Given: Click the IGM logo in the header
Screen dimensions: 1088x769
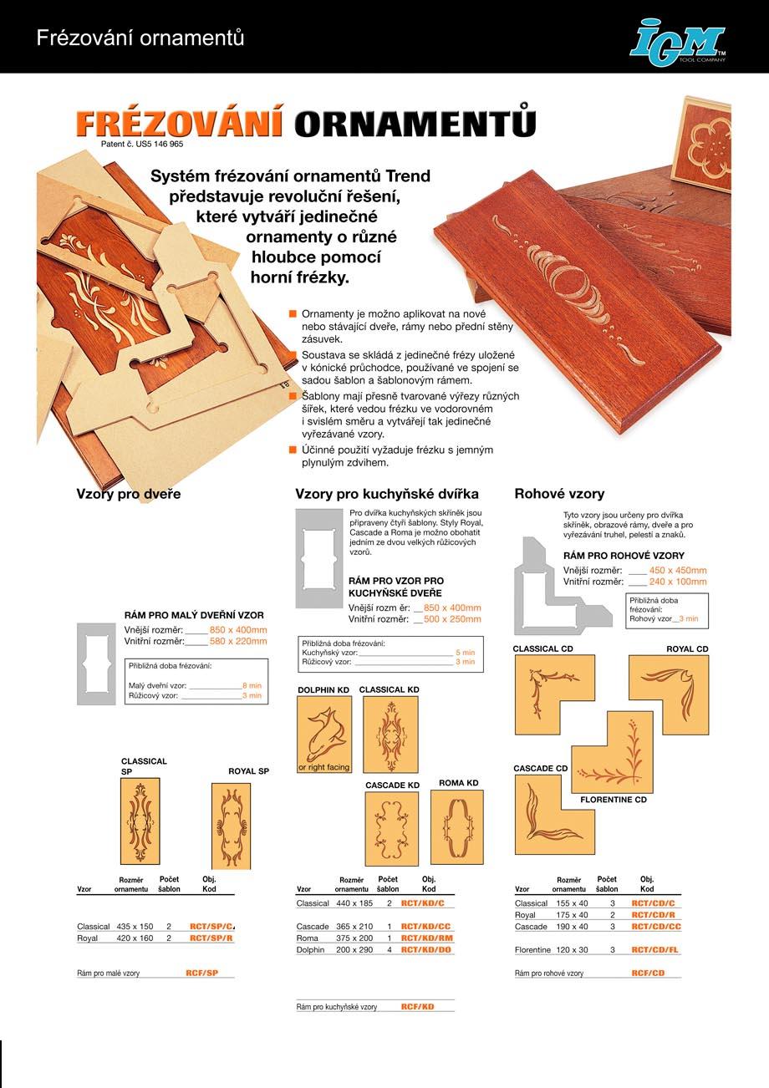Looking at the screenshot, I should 677,41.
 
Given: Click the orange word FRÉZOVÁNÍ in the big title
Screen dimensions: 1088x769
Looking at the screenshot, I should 179,124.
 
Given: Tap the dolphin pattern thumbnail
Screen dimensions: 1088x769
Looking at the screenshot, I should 324,734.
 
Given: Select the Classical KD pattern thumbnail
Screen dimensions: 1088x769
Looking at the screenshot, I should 390,734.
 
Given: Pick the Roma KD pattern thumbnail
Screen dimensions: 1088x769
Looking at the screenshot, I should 456,827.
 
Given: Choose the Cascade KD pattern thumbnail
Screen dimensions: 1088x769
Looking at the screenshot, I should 391,829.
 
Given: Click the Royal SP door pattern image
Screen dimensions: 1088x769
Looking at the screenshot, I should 231,826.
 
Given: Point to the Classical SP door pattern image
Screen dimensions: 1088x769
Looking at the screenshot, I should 140,821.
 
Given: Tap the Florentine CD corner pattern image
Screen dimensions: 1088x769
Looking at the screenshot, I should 612,752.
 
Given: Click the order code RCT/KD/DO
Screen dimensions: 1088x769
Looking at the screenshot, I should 426,950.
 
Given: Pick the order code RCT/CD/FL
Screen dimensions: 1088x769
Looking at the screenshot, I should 656,950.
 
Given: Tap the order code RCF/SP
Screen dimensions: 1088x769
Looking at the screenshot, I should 201,974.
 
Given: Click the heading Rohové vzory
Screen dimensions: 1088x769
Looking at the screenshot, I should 559,494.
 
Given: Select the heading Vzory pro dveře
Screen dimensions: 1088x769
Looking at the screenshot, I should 129,494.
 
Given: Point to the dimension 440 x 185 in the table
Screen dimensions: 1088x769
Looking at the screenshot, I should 354,903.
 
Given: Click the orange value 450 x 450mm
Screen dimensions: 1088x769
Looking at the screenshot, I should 677,570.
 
